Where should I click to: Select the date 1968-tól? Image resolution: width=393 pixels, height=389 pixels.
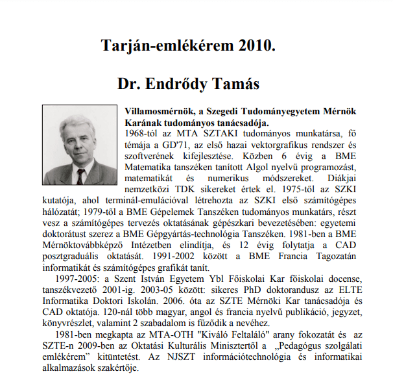coord(139,132)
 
